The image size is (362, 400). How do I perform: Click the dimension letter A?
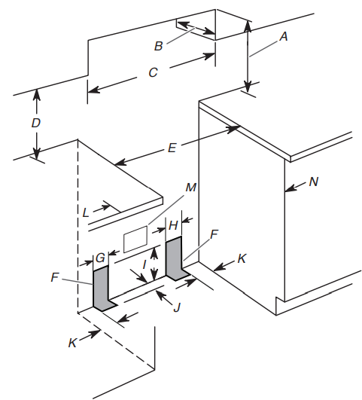[x=284, y=36]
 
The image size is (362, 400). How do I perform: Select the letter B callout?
[x=158, y=46]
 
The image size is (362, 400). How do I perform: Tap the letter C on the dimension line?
[x=153, y=72]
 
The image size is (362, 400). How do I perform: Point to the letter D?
[x=36, y=124]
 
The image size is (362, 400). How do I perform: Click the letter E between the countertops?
[x=172, y=148]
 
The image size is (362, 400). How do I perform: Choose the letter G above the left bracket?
[x=100, y=258]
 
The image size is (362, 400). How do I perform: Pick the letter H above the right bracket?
[x=173, y=226]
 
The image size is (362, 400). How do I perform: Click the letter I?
[x=144, y=264]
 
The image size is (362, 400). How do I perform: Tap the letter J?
[x=177, y=307]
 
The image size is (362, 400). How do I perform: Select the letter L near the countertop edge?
[x=86, y=212]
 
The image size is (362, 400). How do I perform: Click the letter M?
[x=191, y=188]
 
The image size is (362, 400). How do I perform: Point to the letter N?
[x=314, y=182]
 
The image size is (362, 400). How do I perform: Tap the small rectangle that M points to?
[x=135, y=239]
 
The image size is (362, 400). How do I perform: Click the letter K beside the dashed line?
[x=72, y=343]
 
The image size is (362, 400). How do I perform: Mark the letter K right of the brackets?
[x=242, y=258]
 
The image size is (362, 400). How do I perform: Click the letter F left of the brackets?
[x=54, y=277]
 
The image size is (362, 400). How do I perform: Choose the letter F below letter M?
[x=214, y=234]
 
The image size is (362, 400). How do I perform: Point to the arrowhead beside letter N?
[x=289, y=189]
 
